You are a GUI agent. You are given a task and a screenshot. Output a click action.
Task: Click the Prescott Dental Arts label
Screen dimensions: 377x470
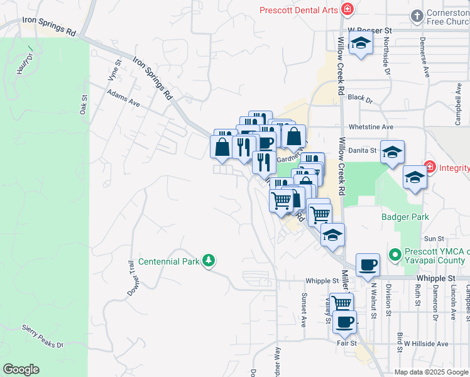(299, 9)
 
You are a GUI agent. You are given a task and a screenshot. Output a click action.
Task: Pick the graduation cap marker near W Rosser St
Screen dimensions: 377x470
(361, 43)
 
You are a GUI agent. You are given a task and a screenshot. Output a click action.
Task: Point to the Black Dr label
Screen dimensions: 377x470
(360, 99)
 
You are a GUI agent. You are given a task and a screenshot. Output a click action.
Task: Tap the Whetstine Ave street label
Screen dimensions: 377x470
(371, 126)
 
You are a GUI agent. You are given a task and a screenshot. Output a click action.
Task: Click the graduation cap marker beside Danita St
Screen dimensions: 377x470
(392, 152)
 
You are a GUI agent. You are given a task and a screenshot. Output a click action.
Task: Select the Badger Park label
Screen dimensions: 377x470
(405, 217)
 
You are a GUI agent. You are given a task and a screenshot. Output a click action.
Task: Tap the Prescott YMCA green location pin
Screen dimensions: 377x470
(395, 254)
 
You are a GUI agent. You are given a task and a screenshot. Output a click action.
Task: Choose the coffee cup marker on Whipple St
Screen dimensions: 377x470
(368, 264)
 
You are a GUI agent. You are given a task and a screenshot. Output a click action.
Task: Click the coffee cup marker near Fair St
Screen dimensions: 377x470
(344, 322)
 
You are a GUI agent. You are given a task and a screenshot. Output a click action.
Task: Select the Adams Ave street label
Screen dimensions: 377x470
(123, 98)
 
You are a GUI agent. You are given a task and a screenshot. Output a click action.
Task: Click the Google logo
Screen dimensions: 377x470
(21, 369)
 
